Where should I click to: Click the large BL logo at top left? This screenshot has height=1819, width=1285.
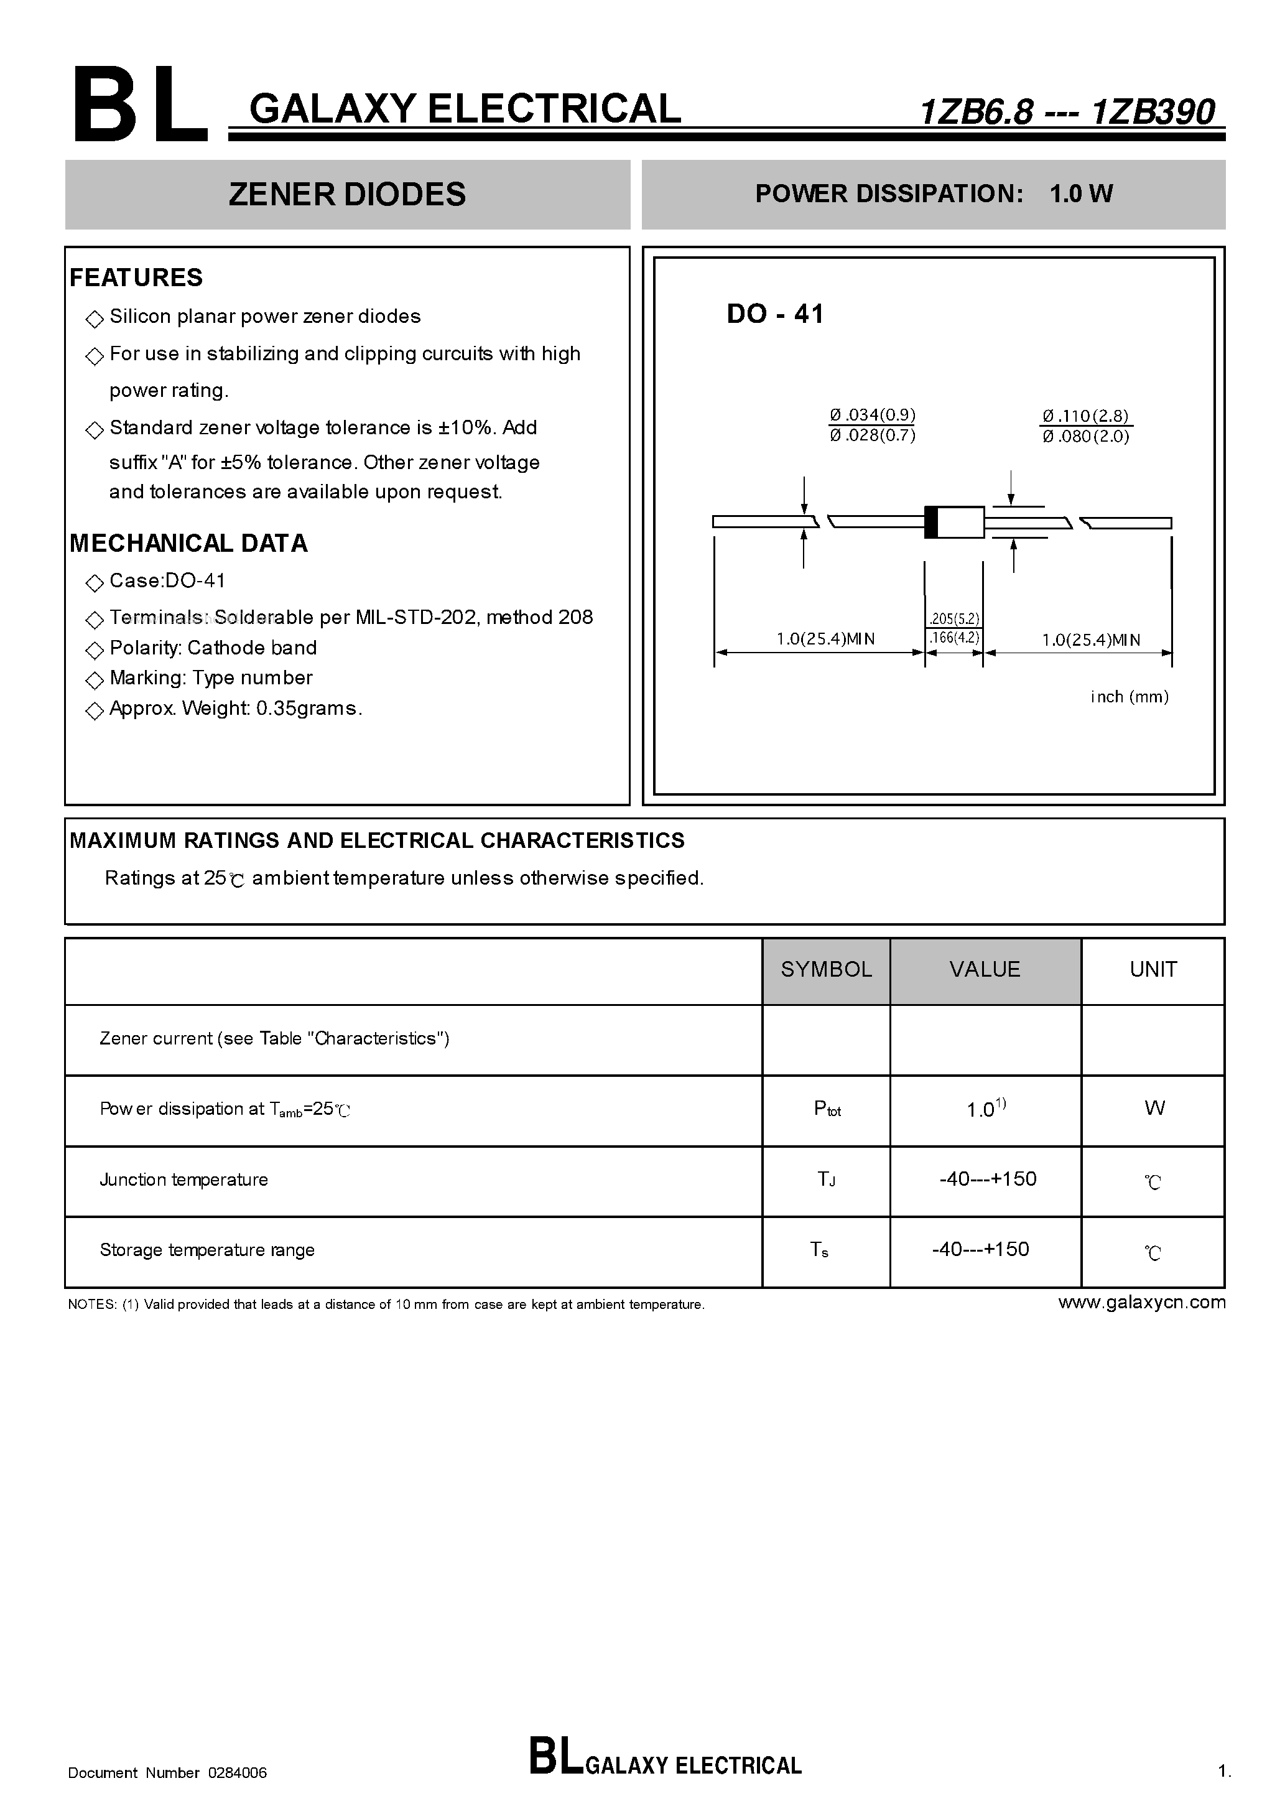coord(139,105)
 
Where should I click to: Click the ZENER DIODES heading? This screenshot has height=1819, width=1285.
coord(347,194)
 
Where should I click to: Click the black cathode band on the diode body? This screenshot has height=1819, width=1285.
coord(932,522)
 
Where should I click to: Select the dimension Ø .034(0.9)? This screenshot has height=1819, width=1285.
coord(872,414)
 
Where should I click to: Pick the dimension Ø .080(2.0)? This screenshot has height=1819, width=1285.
coord(1085,437)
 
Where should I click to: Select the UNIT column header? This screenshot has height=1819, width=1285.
coord(1153,969)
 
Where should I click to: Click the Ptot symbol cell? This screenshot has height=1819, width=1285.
coord(827,1109)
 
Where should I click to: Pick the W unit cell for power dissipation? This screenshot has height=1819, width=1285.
coord(1154,1109)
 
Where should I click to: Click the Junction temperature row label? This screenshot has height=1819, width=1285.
coord(184,1179)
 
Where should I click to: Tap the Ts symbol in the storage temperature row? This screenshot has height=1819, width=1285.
coord(819,1249)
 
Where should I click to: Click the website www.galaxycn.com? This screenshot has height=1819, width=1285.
coord(1141,1303)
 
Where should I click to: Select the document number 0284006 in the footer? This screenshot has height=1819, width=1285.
coord(238,1773)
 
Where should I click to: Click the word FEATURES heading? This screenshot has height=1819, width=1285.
coord(136,277)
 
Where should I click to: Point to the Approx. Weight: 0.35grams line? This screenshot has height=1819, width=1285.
coord(235,709)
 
